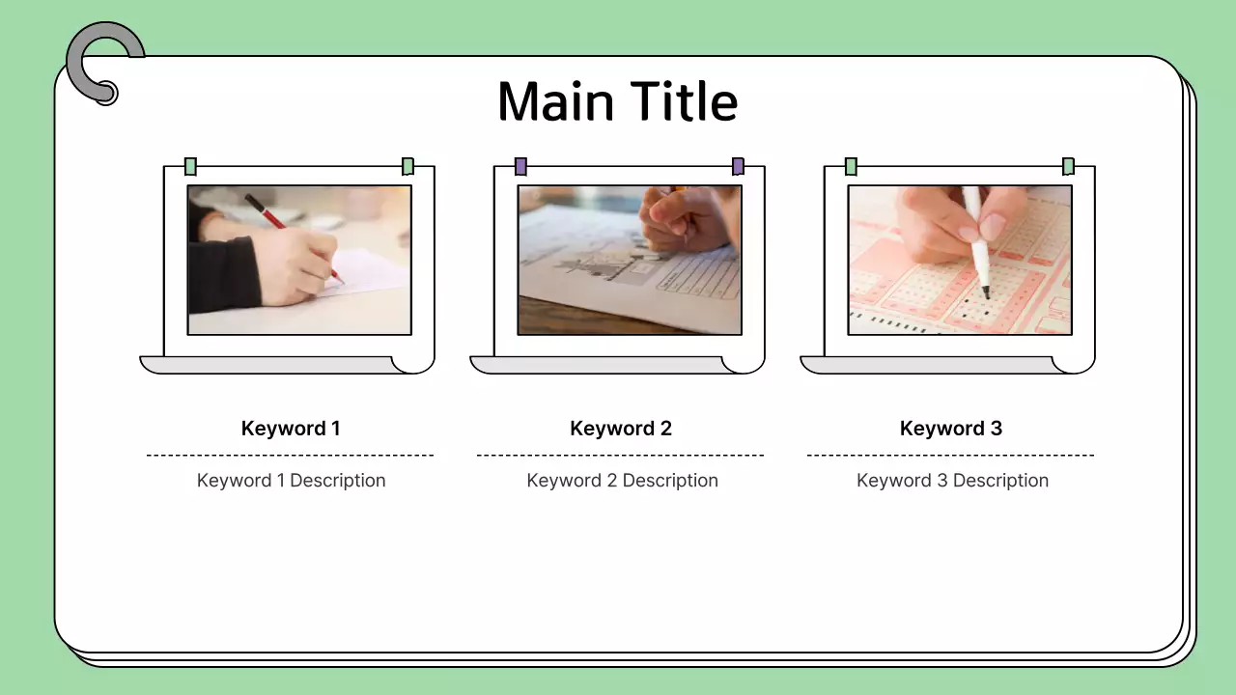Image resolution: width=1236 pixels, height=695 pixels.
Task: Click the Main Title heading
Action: tap(617, 101)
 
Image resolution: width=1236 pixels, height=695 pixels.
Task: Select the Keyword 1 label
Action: tap(291, 429)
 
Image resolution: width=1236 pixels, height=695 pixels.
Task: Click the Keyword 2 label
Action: tap(621, 429)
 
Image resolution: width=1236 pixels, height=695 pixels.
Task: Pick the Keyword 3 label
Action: tap(951, 429)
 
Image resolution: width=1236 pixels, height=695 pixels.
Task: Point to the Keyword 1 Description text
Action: tap(291, 481)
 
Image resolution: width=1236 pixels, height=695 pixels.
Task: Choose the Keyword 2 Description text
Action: tap(622, 481)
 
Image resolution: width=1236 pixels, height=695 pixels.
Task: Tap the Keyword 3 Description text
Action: tap(952, 481)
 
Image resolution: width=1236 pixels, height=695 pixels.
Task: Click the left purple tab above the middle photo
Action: tap(521, 166)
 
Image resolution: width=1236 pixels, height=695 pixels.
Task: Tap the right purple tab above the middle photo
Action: tap(738, 166)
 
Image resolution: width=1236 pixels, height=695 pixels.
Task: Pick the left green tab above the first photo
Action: tap(191, 166)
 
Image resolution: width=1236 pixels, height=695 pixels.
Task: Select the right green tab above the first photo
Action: tap(407, 166)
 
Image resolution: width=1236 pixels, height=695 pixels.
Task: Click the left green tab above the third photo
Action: tap(851, 166)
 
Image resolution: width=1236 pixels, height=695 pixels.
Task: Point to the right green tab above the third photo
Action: tap(1068, 166)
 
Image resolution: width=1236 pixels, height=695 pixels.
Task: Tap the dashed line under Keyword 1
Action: tap(290, 455)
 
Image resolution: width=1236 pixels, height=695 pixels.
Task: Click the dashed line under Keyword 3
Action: tap(950, 455)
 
